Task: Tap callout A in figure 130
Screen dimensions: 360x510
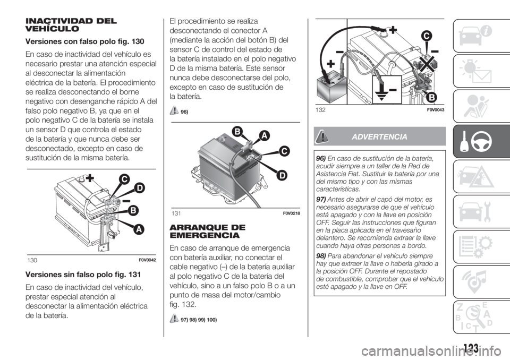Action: [x=139, y=229]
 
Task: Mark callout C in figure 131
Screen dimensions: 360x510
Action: [x=284, y=152]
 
